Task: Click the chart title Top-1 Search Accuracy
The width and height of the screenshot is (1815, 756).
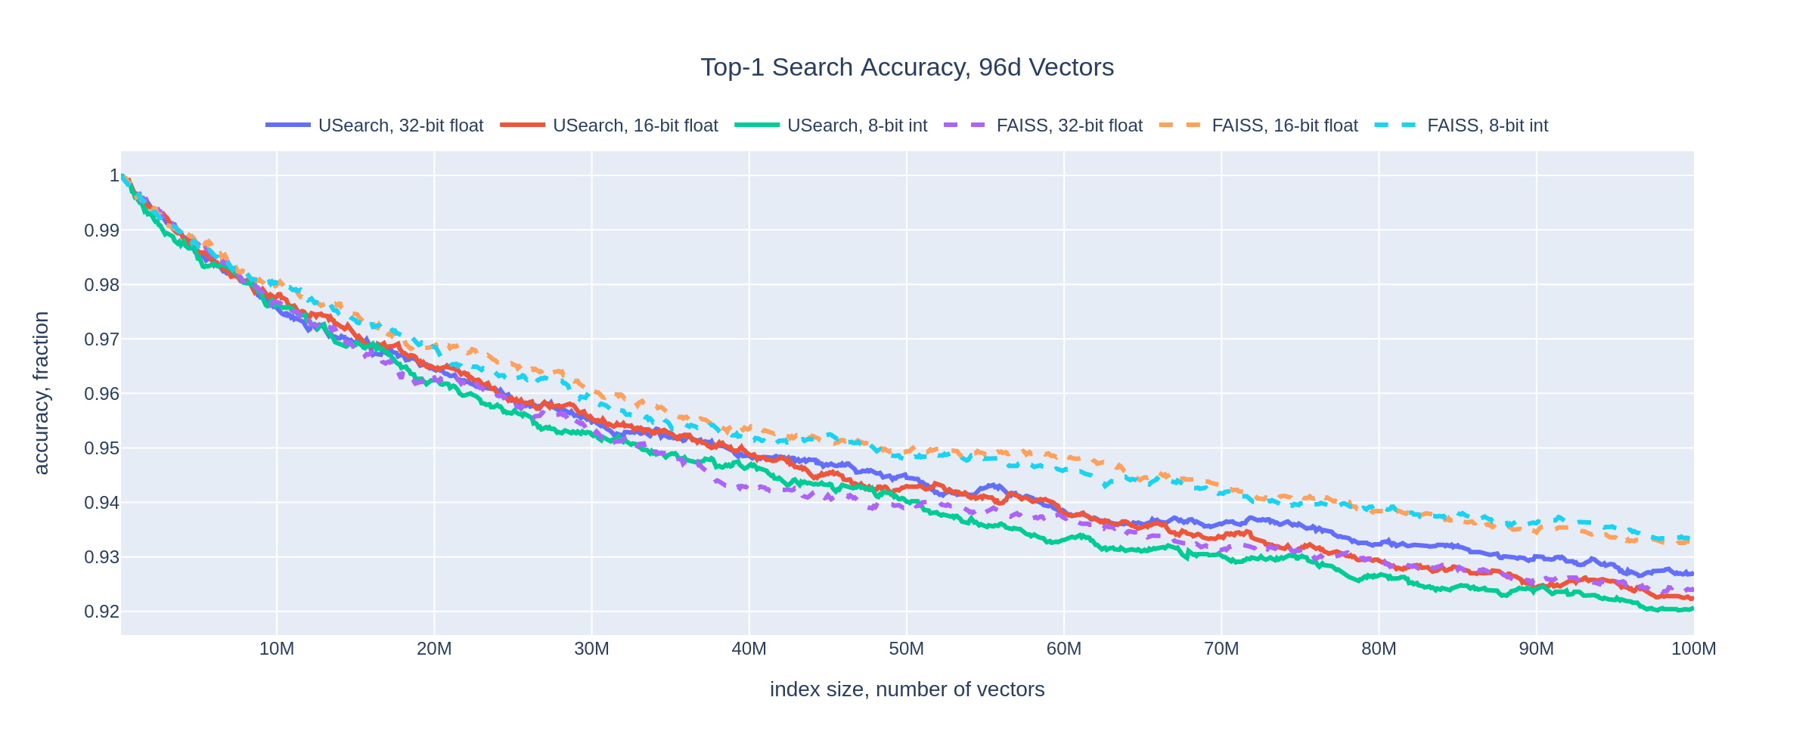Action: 907,67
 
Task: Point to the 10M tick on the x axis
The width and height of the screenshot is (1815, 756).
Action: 277,649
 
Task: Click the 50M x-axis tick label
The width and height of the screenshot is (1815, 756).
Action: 906,649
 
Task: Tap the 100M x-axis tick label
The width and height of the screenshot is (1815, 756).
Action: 1692,649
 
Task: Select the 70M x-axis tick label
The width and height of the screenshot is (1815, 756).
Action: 1221,649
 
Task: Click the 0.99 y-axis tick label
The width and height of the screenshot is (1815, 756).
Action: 102,231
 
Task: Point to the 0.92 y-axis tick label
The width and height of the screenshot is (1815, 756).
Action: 102,612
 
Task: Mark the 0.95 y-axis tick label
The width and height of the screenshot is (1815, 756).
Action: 102,448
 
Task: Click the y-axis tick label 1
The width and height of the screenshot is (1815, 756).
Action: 114,176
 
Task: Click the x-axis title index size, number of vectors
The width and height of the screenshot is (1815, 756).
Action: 907,689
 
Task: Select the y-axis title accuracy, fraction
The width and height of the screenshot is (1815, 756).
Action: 42,393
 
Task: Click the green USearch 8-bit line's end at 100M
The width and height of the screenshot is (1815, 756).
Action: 1692,609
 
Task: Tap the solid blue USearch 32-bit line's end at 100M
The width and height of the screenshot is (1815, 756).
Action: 1692,573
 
